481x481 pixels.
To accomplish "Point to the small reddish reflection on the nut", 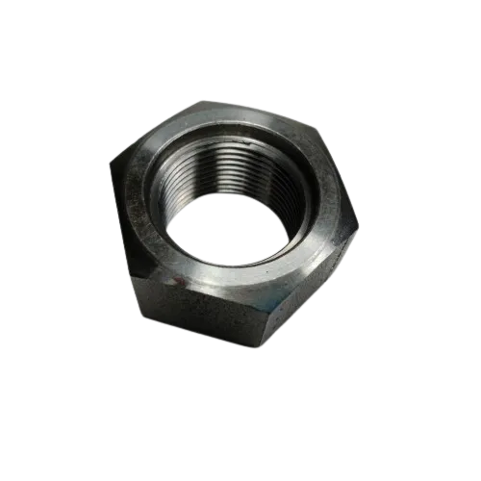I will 176,280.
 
